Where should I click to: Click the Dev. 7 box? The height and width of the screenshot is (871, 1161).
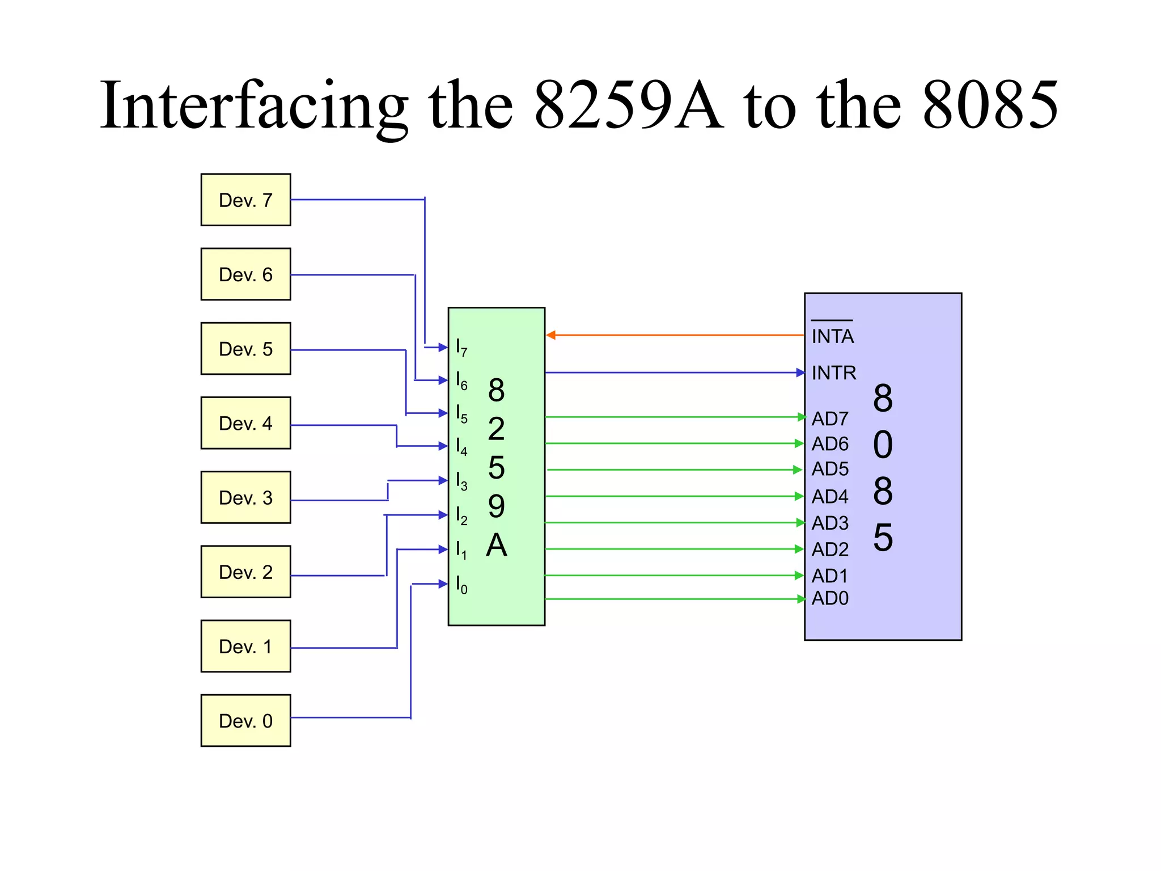[x=245, y=200]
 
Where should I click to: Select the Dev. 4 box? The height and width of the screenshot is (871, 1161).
[x=245, y=423]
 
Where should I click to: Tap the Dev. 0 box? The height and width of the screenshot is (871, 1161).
[x=245, y=721]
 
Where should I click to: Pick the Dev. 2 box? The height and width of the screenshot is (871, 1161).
[x=245, y=572]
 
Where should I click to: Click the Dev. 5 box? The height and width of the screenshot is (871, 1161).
[x=245, y=349]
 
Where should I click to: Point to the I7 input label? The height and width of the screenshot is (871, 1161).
[x=461, y=347]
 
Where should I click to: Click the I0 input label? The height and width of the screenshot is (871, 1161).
[x=461, y=584]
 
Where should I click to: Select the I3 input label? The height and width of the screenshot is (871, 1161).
[x=461, y=481]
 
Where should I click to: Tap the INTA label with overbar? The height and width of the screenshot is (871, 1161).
[x=832, y=335]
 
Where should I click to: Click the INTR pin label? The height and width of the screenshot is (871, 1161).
[x=833, y=373]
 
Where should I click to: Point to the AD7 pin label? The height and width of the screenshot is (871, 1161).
[x=830, y=418]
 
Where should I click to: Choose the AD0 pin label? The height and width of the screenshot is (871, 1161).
[x=830, y=598]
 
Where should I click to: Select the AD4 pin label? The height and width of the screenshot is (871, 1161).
[x=830, y=497]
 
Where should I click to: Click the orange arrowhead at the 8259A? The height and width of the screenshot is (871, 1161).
[x=550, y=335]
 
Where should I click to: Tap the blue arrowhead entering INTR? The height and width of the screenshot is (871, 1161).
[x=800, y=373]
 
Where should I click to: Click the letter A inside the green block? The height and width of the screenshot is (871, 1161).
[x=497, y=545]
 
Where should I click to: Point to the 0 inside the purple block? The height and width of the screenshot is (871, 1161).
[x=883, y=445]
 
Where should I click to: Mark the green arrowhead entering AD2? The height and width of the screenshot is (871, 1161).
[x=799, y=549]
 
